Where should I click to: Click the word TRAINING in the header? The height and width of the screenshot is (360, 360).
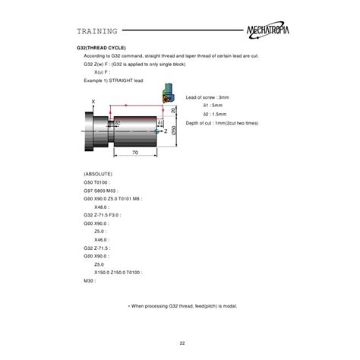pos(96,31)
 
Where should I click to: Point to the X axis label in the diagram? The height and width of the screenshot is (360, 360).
pos(93,101)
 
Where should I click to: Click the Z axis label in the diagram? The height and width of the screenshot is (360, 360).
pos(166,131)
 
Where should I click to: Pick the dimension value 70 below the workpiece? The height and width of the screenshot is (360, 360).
pos(134,153)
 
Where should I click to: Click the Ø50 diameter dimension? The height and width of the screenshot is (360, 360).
pos(174,131)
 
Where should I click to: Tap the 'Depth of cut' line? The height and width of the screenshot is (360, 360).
pos(222,122)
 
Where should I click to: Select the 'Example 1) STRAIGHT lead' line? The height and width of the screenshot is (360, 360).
pos(112,80)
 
